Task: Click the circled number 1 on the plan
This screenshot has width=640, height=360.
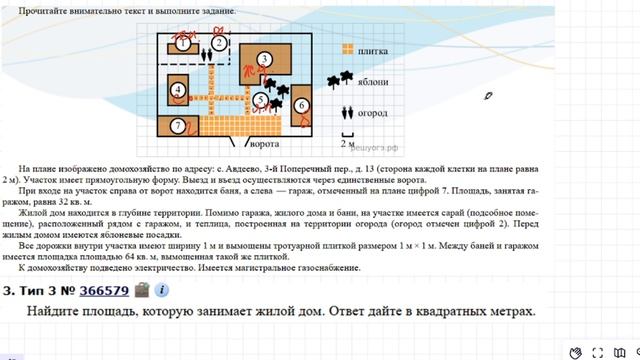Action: (x=184, y=44)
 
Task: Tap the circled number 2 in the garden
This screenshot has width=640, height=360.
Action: (x=218, y=43)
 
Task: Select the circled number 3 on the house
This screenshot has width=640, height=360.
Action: (x=264, y=60)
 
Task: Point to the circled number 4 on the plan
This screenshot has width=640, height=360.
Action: (x=178, y=90)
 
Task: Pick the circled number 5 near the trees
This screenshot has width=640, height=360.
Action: (x=260, y=100)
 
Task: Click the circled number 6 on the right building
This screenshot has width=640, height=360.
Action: (x=300, y=104)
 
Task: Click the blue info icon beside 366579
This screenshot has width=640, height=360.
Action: (x=161, y=291)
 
